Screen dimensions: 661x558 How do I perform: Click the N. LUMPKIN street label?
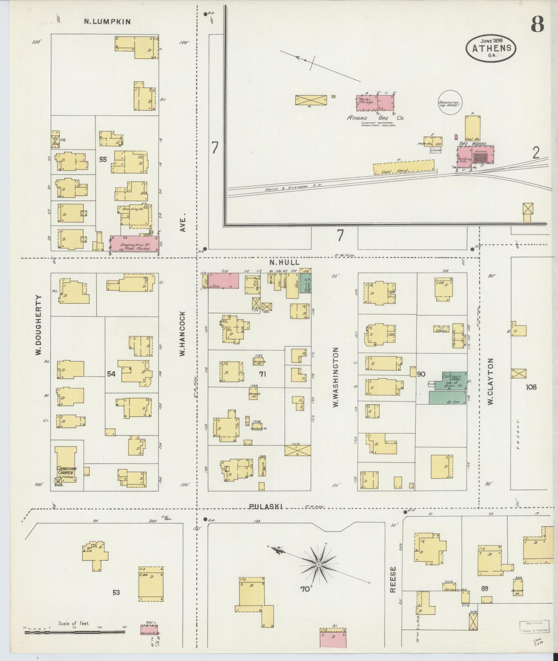pyautogui.click(x=107, y=22)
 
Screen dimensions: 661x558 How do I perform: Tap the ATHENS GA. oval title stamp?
pyautogui.click(x=492, y=48)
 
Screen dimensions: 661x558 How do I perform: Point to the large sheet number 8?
pyautogui.click(x=537, y=25)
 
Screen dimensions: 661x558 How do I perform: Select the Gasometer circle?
pyautogui.click(x=450, y=102)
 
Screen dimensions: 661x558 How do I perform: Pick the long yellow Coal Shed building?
pyautogui.click(x=404, y=168)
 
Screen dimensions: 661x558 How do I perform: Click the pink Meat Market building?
pyautogui.click(x=134, y=244)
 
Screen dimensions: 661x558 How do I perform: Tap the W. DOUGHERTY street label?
pyautogui.click(x=39, y=331)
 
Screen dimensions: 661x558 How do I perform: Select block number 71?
pyautogui.click(x=273, y=374)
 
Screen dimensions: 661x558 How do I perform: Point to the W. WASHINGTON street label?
pyautogui.click(x=335, y=377)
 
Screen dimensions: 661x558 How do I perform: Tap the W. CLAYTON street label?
pyautogui.click(x=491, y=381)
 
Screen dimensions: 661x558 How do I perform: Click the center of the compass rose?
pyautogui.click(x=319, y=565)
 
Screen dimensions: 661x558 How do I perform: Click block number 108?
pyautogui.click(x=531, y=387)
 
